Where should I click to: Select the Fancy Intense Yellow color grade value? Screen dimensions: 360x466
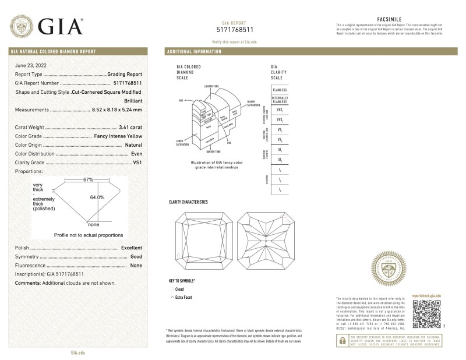coord(117,136)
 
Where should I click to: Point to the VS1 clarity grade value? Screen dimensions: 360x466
coord(137,162)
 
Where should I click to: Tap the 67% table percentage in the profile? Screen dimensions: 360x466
coord(88,180)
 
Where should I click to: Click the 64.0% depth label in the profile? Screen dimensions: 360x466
coord(97,197)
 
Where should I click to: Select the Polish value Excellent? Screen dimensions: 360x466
coord(132,248)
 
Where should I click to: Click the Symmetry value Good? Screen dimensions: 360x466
coord(136,256)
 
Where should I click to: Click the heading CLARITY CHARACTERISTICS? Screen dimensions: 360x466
coord(188,202)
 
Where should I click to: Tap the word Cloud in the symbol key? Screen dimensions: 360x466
coord(179,289)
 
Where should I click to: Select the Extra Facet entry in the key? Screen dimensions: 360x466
coord(183,297)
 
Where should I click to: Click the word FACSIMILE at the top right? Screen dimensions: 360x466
coord(387,19)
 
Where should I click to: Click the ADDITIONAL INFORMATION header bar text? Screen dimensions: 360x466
coord(195,52)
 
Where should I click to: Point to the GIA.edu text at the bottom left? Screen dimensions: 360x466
coord(78,352)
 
